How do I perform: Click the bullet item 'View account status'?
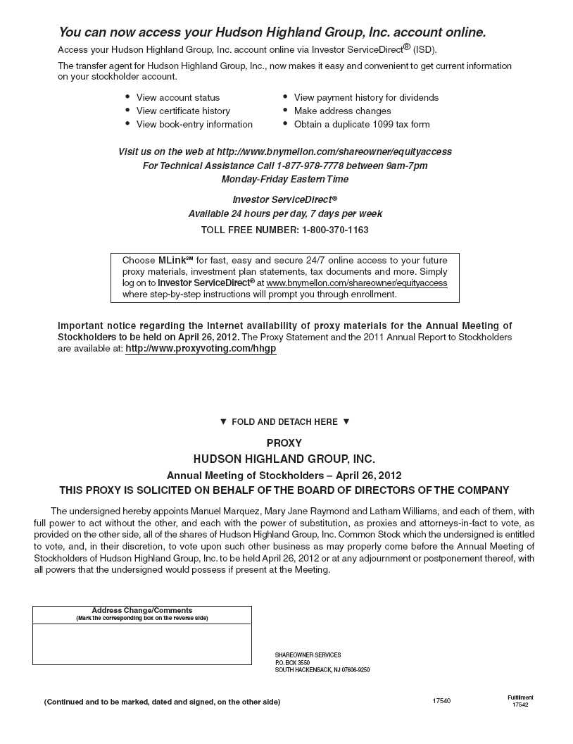click(177, 98)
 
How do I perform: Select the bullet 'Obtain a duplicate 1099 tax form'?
click(361, 125)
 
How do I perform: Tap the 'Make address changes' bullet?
click(342, 111)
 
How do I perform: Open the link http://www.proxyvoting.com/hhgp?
click(201, 349)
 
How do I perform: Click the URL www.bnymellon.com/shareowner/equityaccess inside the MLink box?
click(357, 283)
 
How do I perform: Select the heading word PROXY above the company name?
click(284, 443)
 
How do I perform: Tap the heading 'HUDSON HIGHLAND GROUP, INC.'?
click(284, 459)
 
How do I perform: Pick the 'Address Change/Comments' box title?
click(141, 610)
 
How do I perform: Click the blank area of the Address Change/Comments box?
click(141, 643)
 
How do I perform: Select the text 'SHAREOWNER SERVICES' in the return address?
click(308, 655)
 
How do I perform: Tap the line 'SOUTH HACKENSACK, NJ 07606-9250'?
click(322, 670)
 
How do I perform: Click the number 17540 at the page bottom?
click(441, 701)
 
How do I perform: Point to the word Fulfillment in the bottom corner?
click(520, 697)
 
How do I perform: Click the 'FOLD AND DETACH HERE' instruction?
click(284, 422)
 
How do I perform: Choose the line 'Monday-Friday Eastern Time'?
click(284, 180)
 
